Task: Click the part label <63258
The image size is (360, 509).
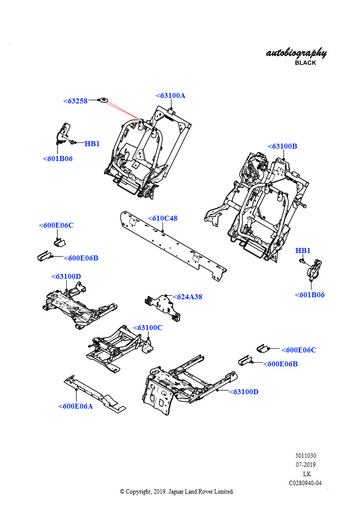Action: coord(76,101)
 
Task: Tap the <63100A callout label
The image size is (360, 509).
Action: coord(170,95)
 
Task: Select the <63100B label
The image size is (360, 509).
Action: coord(282,146)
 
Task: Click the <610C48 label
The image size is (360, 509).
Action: coord(163,218)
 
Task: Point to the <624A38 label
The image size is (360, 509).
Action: coord(187,297)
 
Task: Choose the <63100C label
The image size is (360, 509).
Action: coord(148,328)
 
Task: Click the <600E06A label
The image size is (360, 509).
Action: coord(76,406)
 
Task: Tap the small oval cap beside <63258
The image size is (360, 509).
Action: coord(104,100)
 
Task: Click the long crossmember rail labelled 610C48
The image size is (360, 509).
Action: coord(169,244)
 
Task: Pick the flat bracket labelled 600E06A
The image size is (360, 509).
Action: coord(94,395)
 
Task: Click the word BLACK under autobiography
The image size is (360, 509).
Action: coord(305,63)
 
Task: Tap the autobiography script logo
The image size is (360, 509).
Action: coord(296,53)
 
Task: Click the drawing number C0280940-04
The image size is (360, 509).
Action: coord(305,483)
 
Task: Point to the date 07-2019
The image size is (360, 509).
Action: coord(306,465)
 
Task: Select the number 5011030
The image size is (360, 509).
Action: coord(306,456)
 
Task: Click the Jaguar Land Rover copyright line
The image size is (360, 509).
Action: coord(177,492)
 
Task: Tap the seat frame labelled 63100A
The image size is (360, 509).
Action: coord(144,149)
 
